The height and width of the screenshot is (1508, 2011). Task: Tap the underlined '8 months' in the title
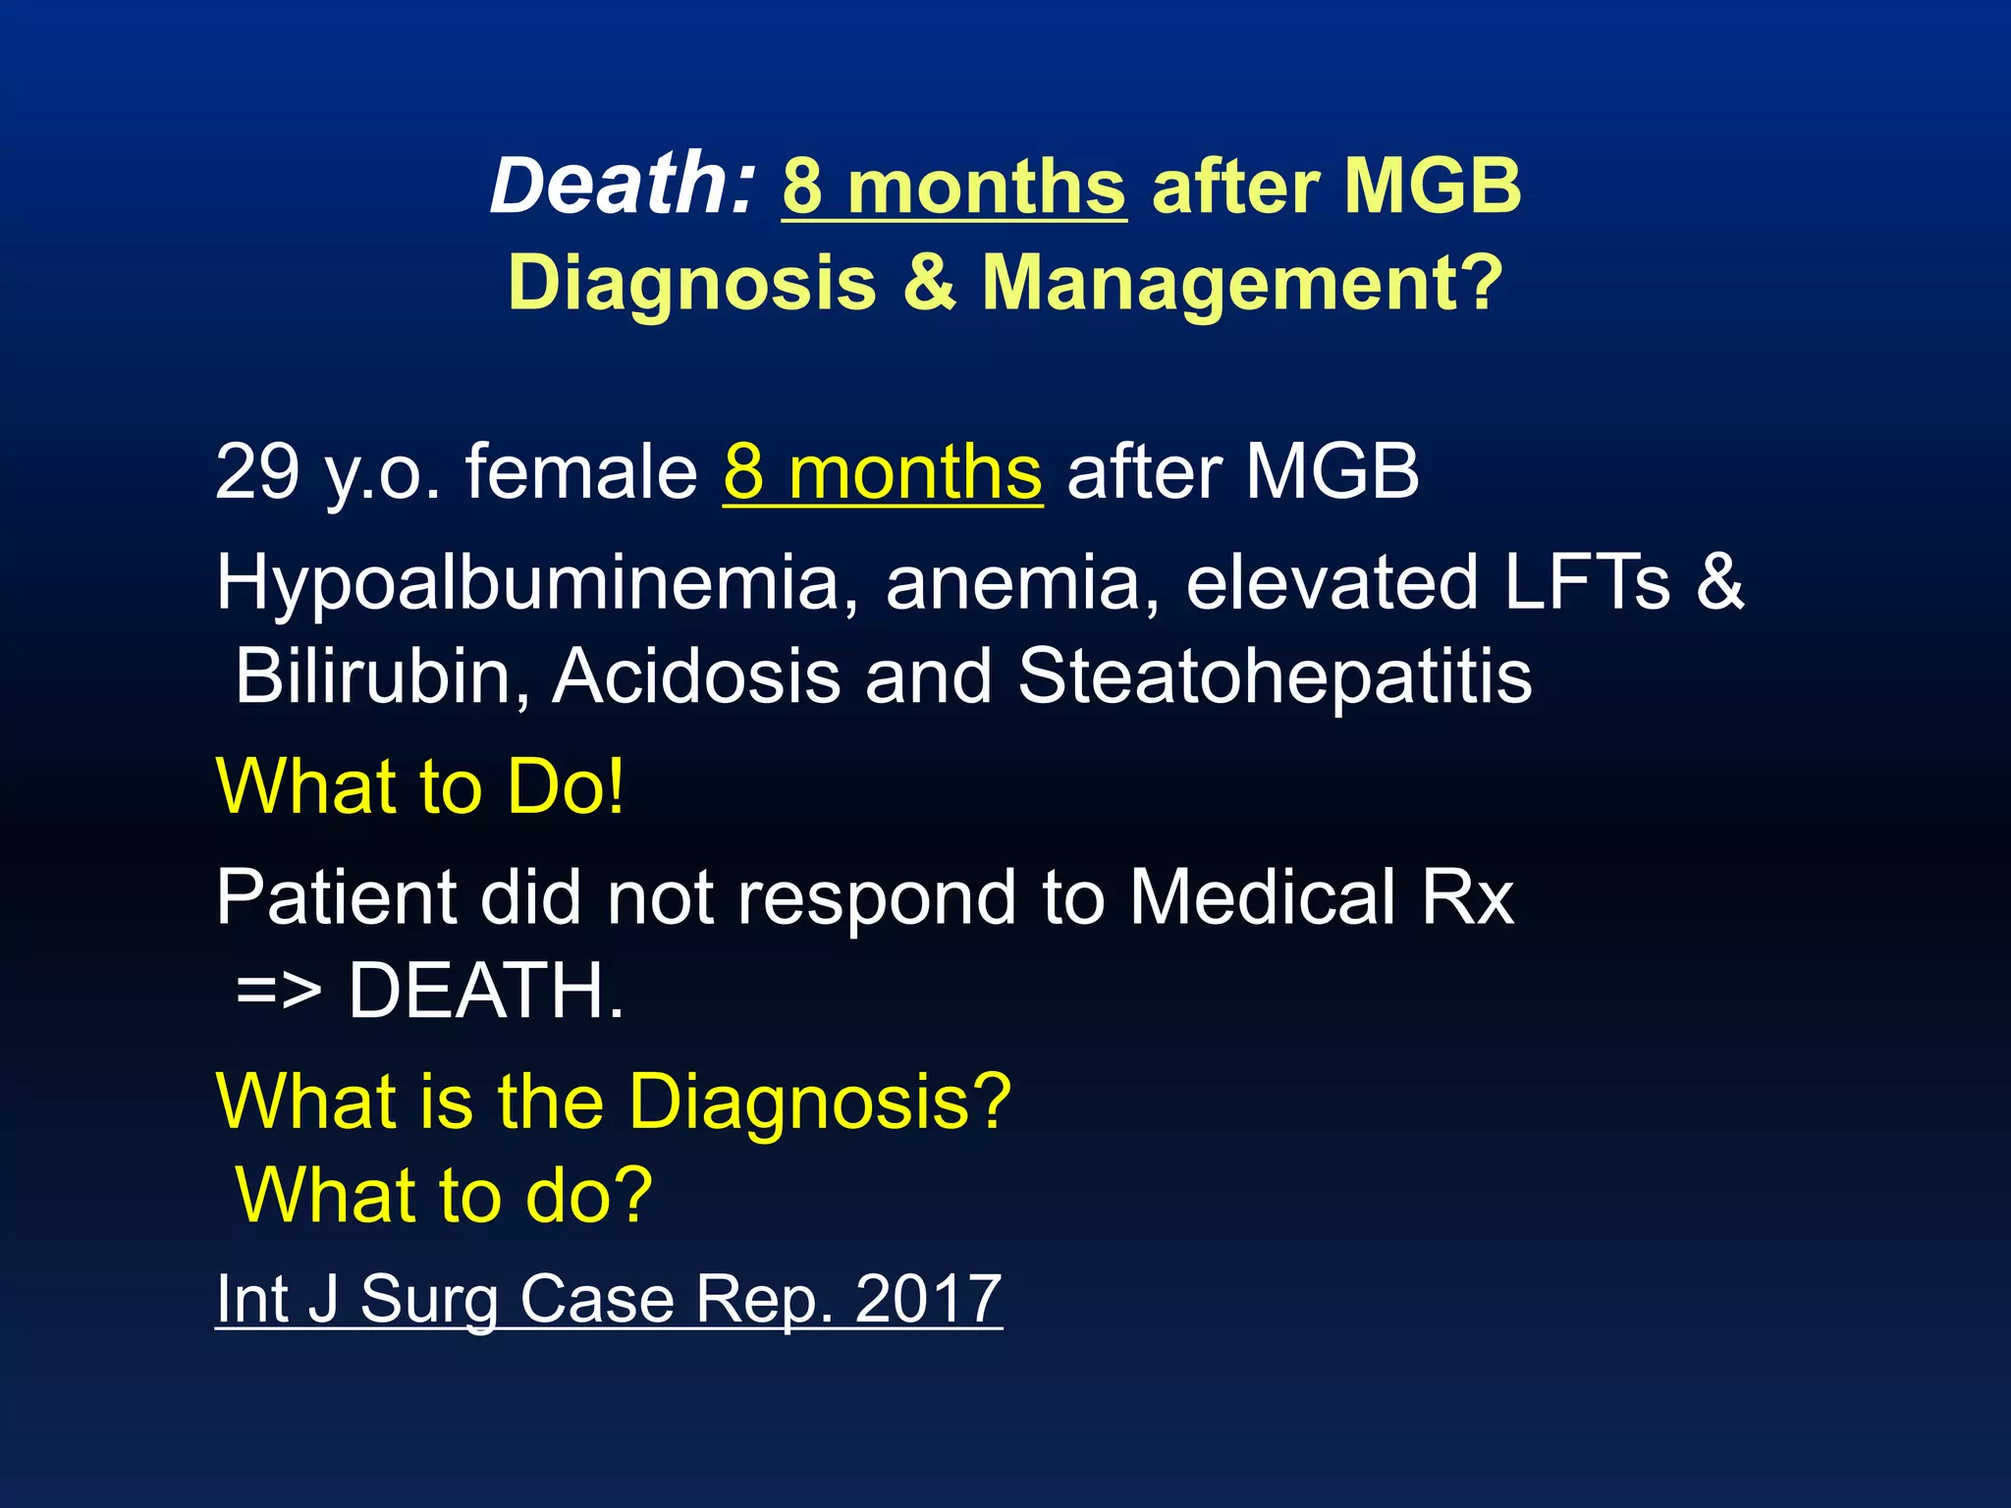pos(953,187)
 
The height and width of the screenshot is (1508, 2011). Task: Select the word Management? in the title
pos(1242,283)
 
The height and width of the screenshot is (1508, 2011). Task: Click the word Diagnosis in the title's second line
pos(692,283)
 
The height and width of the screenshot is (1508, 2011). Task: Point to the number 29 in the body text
pos(257,472)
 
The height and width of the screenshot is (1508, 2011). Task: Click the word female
pos(581,472)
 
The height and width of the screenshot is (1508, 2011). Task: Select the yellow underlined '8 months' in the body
pos(882,473)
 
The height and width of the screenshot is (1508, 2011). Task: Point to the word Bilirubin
pos(382,676)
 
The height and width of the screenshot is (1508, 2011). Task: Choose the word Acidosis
pos(696,676)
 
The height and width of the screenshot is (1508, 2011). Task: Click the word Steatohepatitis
pos(1274,676)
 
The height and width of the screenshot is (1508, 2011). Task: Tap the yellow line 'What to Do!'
pos(420,787)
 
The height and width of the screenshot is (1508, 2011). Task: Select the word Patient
pos(336,897)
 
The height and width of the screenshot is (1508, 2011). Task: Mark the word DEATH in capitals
pos(485,991)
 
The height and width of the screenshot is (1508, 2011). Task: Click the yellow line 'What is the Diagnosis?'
pos(613,1102)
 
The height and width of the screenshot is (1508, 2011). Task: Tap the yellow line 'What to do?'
pos(444,1195)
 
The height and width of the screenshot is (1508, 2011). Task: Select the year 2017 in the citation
pos(928,1299)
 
